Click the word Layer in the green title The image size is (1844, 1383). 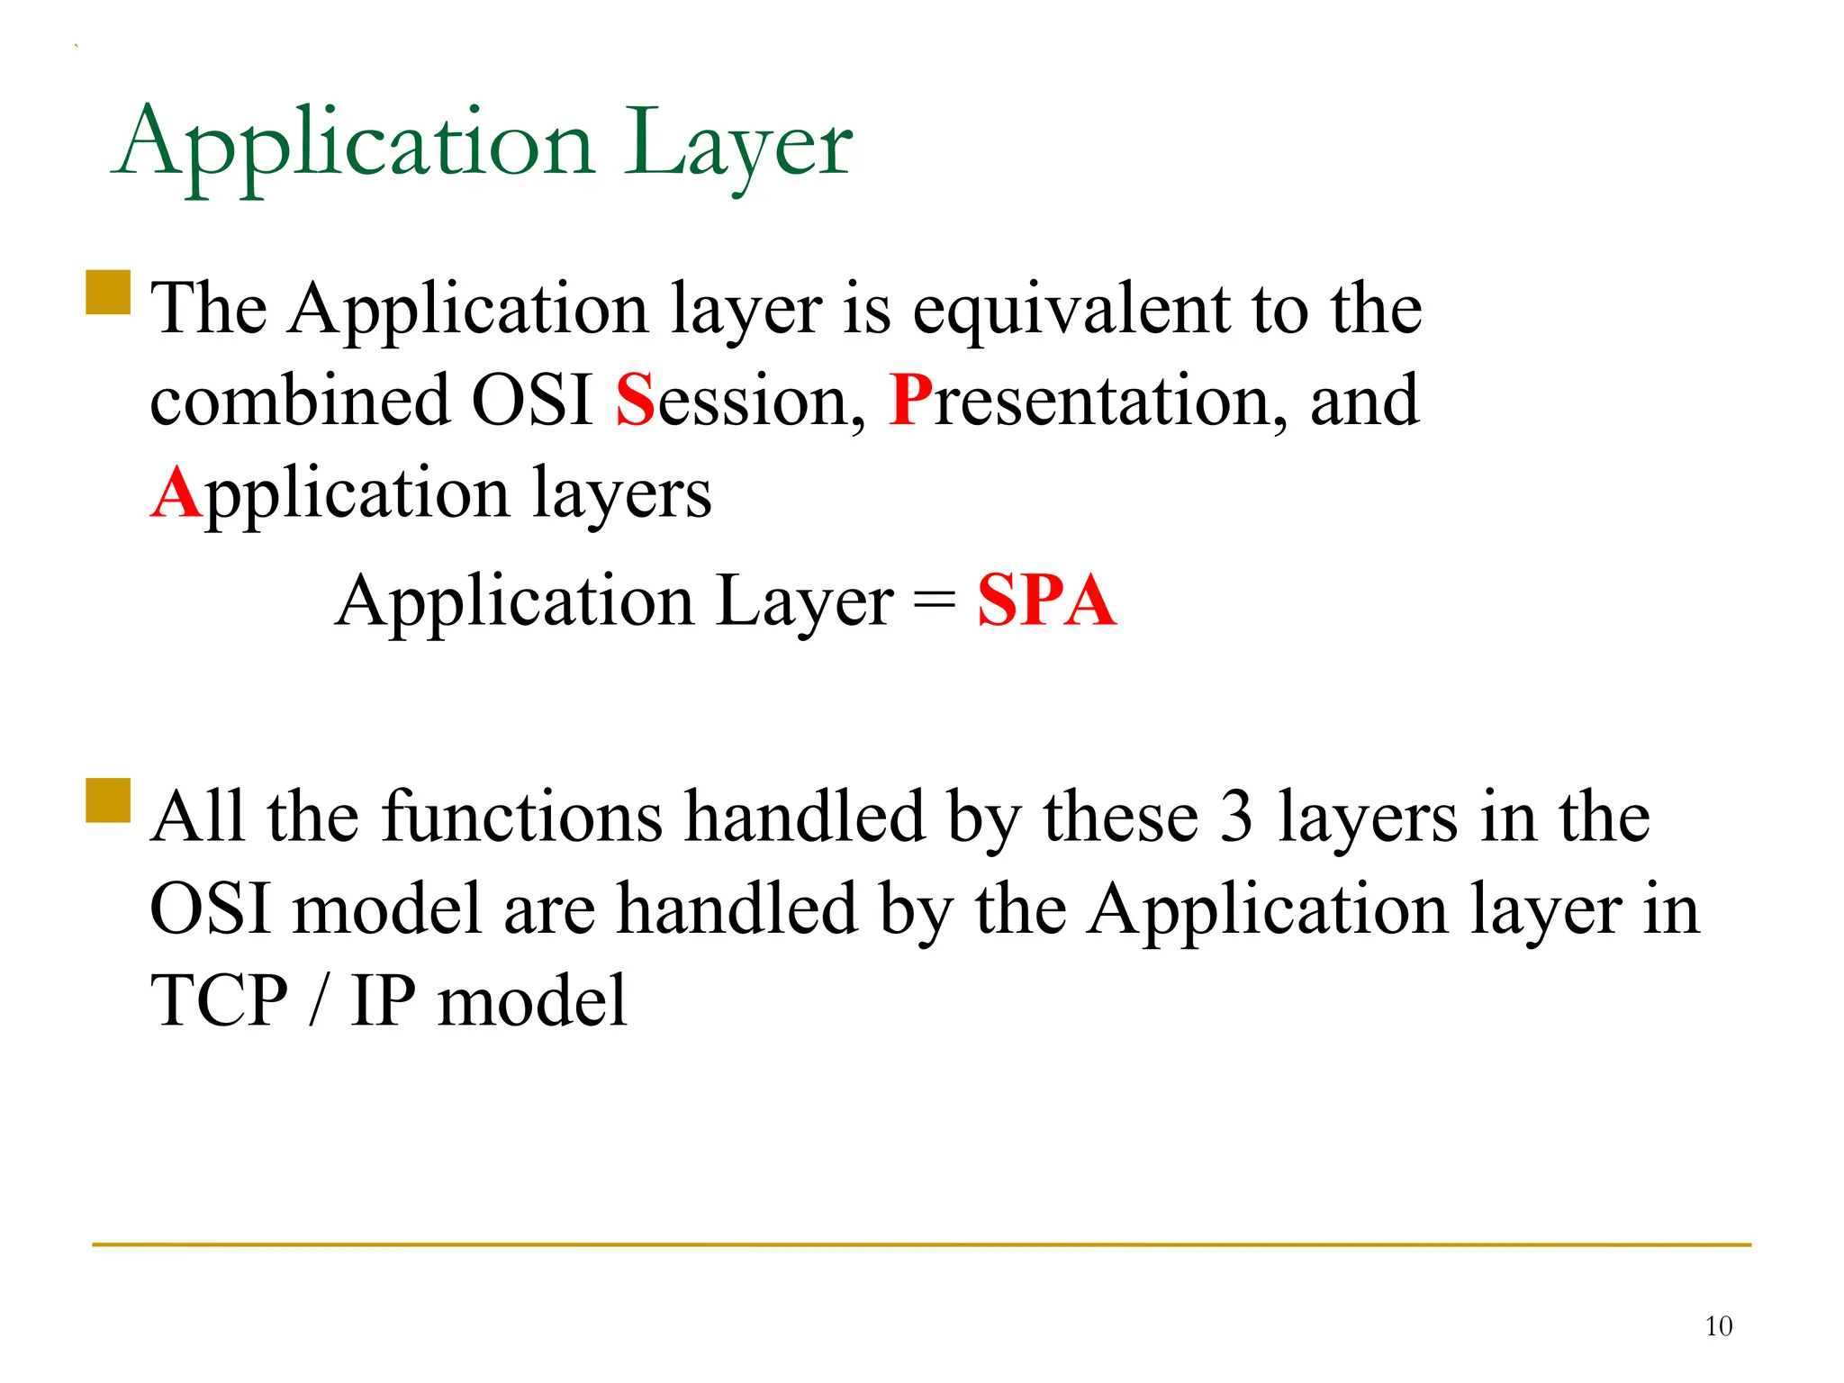tap(738, 144)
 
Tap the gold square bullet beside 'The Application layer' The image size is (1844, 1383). tap(108, 292)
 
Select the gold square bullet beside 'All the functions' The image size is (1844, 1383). tap(108, 800)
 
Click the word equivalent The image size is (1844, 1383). tap(1071, 311)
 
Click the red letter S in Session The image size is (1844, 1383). tap(635, 401)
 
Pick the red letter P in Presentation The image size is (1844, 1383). tap(909, 401)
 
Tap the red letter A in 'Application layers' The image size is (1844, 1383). tap(176, 493)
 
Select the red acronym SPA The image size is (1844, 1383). tap(1046, 601)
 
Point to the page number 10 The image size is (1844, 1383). tap(1718, 1326)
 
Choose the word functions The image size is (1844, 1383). tap(522, 817)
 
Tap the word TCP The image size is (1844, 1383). tap(219, 1001)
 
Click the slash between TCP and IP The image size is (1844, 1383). tap(317, 1001)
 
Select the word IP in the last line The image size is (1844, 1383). tap(384, 1001)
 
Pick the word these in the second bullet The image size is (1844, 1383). tap(1121, 817)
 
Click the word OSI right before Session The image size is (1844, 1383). tap(531, 401)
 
